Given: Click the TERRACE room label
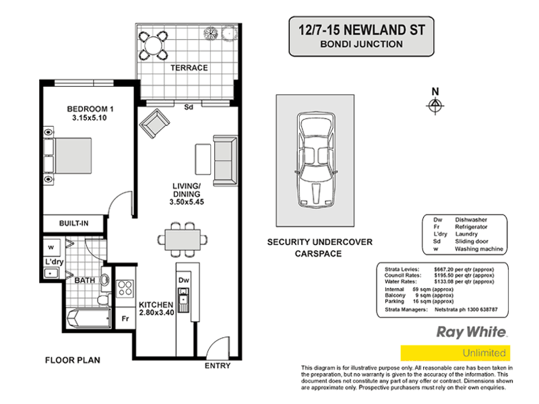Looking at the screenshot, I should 189,68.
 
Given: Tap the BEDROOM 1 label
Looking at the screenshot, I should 89,110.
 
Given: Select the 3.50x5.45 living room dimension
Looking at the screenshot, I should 187,201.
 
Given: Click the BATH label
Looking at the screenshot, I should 84,279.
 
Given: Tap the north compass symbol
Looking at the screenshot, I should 435,104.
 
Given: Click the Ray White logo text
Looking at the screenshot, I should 472,332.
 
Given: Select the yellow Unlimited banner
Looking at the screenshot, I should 455,353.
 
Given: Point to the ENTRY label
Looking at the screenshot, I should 217,366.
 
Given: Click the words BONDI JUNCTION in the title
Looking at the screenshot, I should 361,44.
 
